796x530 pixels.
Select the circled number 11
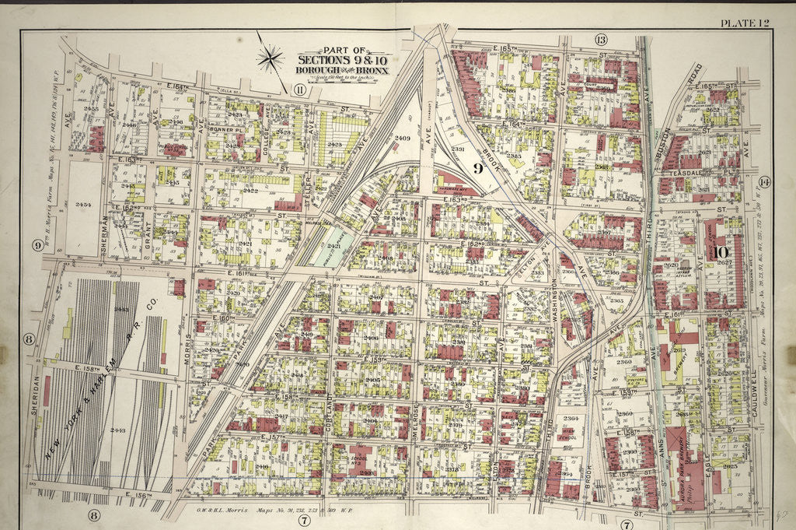point(299,90)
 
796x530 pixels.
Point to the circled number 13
point(601,39)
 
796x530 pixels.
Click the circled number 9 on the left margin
point(37,246)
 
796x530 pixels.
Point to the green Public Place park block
point(333,247)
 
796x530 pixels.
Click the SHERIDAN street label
point(36,397)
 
